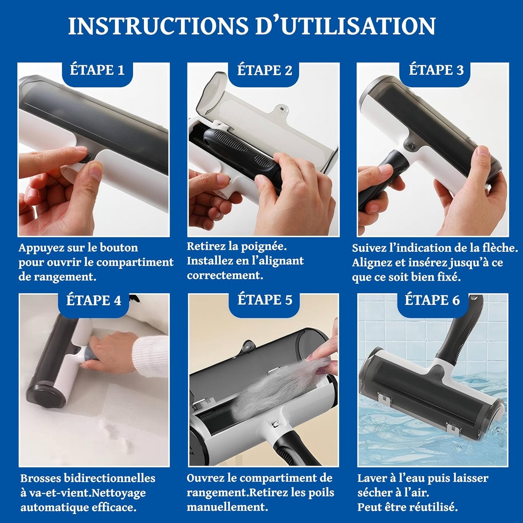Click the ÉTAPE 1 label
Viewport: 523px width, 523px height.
click(97, 70)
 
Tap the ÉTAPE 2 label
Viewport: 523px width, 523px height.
click(265, 70)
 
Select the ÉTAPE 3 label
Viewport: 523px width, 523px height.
click(436, 70)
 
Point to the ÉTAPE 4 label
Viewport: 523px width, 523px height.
click(93, 300)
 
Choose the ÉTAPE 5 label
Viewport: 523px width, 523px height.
click(265, 300)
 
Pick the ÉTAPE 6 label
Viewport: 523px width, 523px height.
click(432, 300)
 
